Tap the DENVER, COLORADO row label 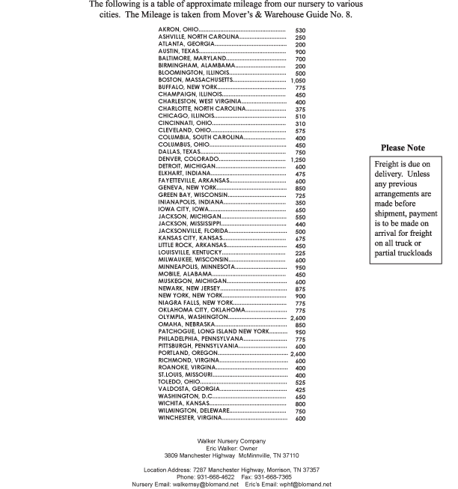coord(189,160)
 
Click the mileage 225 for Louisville coord(300,253)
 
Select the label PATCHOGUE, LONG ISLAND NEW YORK coord(213,331)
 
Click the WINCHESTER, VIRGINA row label coord(189,418)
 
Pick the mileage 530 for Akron coord(300,29)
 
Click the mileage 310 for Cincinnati coord(300,124)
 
